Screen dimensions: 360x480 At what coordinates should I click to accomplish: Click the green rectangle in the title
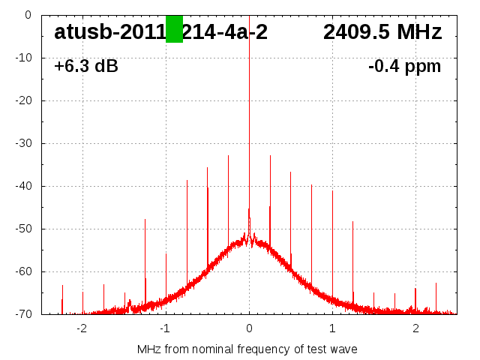174,29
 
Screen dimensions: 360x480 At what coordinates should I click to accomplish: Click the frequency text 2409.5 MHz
382,31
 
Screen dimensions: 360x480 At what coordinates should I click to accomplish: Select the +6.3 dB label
86,67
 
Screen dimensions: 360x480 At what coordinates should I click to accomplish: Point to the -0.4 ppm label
404,67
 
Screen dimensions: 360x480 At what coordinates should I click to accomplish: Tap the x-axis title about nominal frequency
247,349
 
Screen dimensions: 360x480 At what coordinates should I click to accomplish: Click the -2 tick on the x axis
82,328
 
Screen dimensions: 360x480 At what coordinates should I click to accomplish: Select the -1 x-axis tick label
165,328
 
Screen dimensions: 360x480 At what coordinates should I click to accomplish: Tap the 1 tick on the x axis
332,328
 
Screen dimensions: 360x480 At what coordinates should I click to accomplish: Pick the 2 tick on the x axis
415,328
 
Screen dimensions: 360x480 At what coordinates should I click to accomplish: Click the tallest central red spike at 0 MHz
249,112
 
